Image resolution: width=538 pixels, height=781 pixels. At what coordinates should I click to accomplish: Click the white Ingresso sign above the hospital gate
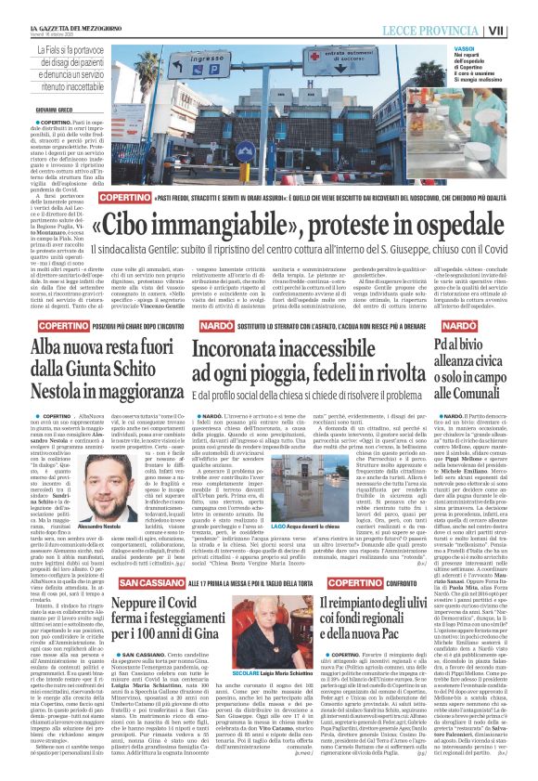click(x=204, y=67)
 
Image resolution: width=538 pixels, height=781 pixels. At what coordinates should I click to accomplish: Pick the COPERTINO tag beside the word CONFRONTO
click(x=374, y=555)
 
